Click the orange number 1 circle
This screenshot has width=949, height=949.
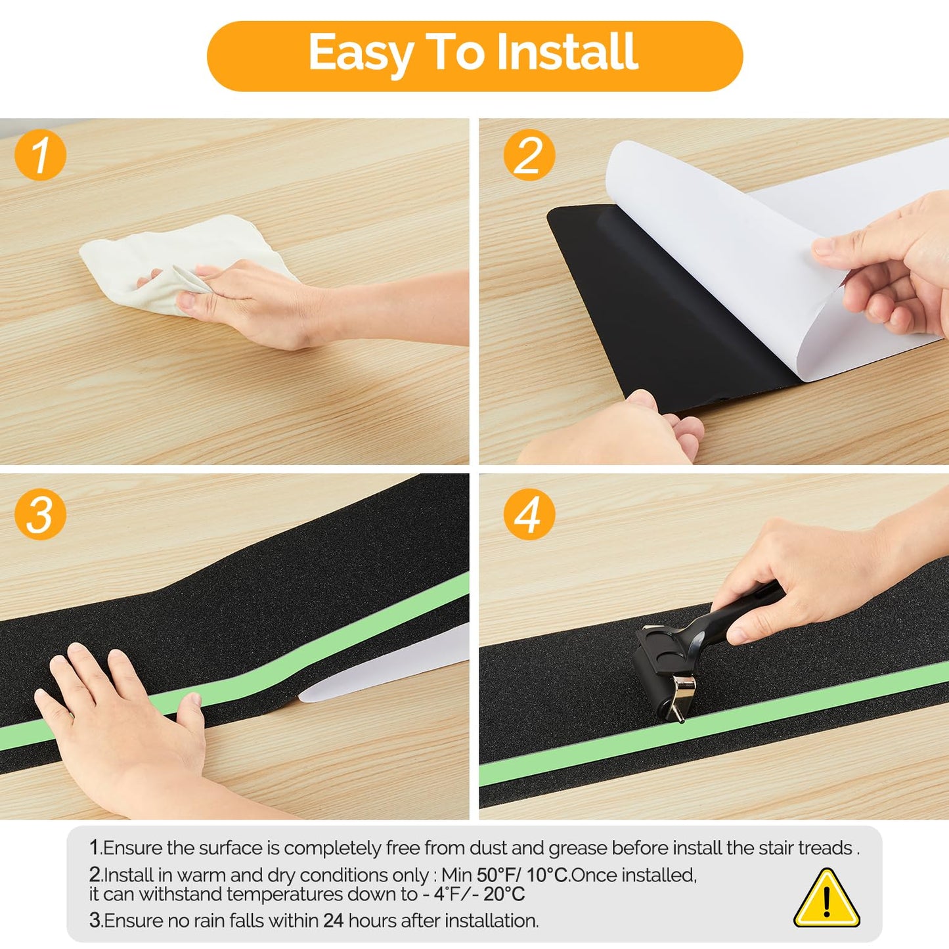tap(40, 154)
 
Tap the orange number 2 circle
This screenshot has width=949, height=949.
tap(529, 154)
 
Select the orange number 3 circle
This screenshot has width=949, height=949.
tap(40, 514)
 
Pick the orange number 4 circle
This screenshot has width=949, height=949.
tap(529, 514)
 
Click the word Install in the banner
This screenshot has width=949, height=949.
tap(567, 52)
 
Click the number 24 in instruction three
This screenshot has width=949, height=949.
tap(334, 921)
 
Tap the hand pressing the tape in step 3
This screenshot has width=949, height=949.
tap(123, 724)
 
